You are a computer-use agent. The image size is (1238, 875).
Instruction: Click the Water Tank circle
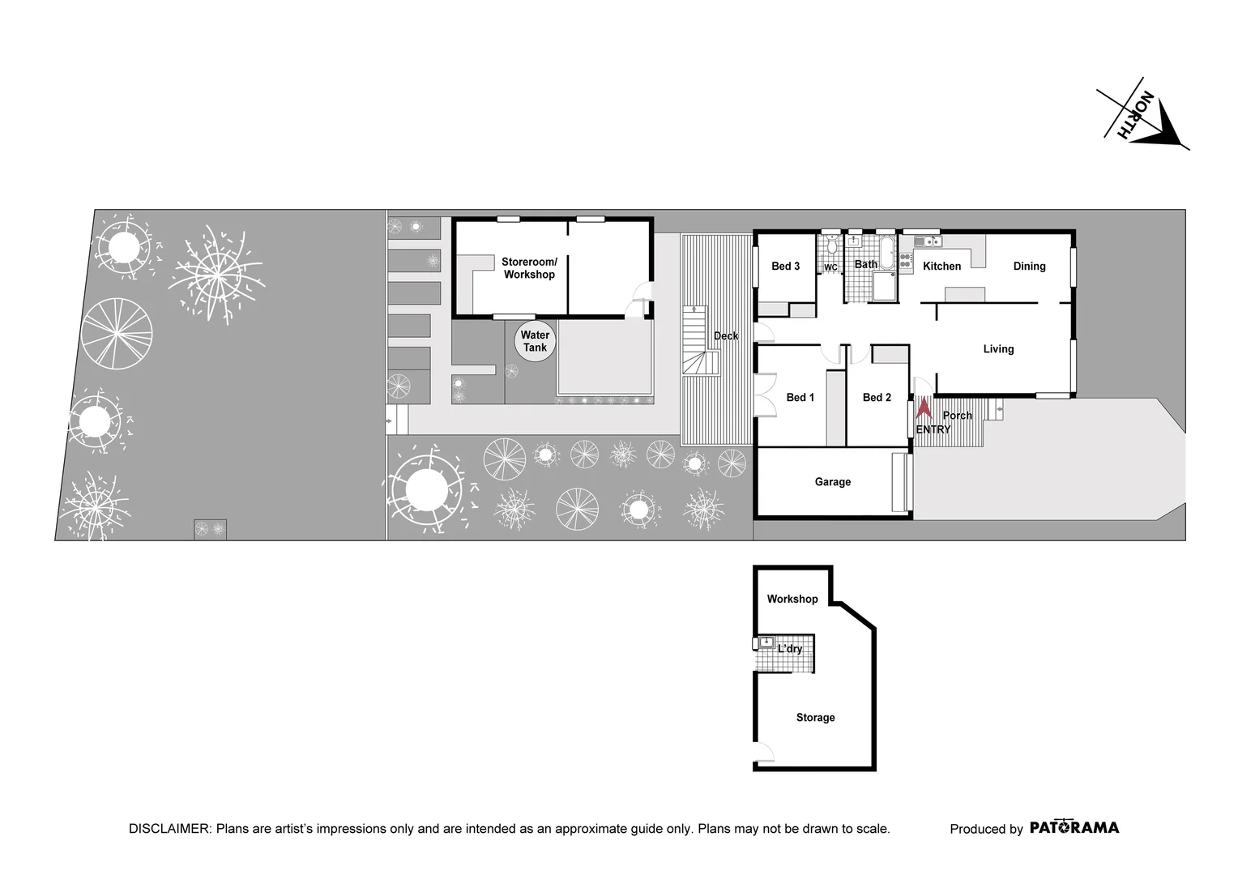click(535, 341)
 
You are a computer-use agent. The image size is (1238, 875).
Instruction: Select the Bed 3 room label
click(785, 266)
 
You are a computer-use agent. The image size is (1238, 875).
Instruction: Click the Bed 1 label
click(800, 397)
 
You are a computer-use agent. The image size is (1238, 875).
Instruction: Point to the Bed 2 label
click(877, 397)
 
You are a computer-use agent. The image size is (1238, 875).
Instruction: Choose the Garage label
click(832, 482)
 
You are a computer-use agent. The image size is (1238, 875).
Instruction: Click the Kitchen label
click(941, 266)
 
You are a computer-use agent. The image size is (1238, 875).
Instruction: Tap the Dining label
click(1029, 266)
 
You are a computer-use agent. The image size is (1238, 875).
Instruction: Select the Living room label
click(998, 349)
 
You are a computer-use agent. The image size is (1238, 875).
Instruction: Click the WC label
click(830, 267)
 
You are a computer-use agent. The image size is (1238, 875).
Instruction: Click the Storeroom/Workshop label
click(529, 268)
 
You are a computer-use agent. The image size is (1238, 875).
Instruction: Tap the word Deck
click(726, 335)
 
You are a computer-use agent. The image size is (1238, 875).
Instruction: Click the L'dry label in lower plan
click(790, 649)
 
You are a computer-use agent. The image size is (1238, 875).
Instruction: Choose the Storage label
click(815, 718)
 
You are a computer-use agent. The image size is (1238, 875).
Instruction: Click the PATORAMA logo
click(1074, 828)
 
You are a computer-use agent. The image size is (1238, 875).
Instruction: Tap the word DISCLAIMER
click(169, 829)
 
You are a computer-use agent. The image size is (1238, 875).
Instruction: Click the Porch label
click(957, 416)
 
